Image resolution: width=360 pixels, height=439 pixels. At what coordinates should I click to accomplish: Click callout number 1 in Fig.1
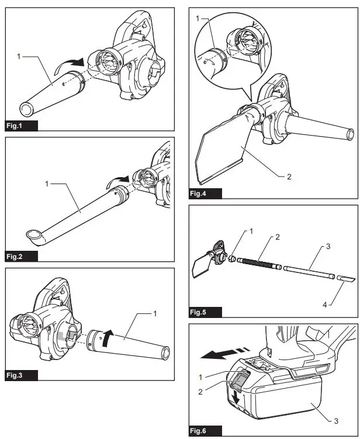[19, 57]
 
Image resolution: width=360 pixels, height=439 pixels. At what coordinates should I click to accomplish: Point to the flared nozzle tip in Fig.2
[33, 236]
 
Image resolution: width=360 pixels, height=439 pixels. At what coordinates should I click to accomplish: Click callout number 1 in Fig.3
[155, 314]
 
